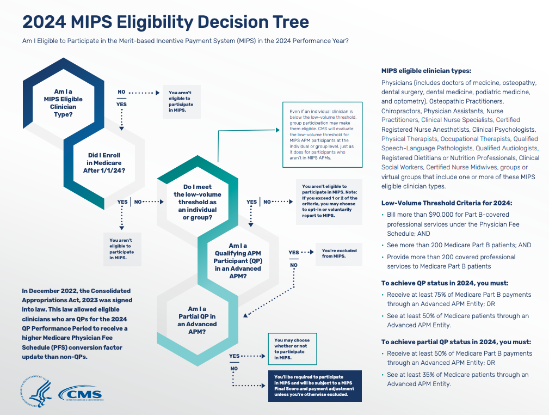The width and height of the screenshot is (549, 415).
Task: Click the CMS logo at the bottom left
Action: coord(83,393)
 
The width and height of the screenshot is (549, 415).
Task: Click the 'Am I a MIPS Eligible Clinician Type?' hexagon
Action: coord(63,100)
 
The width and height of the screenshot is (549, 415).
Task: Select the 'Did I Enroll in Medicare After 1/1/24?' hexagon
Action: coord(104,163)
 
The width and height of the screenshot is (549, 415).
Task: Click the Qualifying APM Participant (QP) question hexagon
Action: coord(237,260)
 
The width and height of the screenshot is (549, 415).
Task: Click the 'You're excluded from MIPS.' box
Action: coord(340,253)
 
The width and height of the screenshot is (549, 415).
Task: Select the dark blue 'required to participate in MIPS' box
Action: coord(314,386)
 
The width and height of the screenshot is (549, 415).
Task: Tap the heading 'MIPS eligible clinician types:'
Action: coord(426,71)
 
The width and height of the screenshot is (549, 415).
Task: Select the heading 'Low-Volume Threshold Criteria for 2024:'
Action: coord(446,203)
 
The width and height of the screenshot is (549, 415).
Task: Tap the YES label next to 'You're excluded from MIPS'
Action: coord(294,253)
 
